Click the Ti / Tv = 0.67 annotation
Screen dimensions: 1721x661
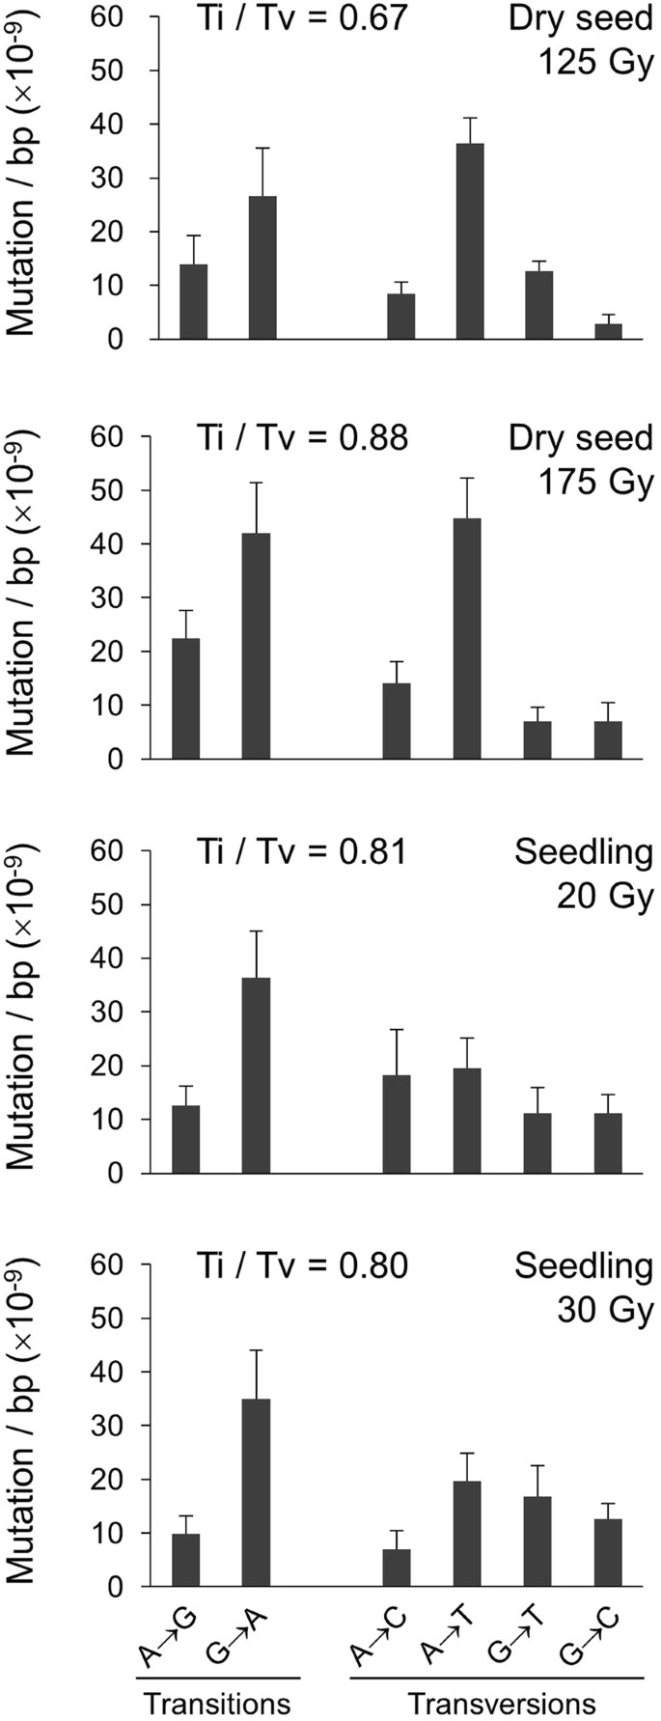click(x=301, y=18)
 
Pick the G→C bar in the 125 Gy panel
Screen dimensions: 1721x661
click(x=608, y=331)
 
